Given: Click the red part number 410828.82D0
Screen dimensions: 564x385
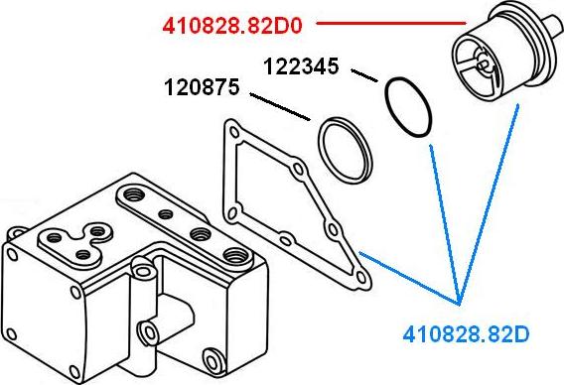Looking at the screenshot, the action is pos(232,26).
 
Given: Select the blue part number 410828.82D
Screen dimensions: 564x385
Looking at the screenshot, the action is pos(466,334).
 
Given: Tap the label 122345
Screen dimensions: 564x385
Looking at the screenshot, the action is pos(301,66).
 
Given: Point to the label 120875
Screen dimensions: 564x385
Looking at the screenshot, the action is pos(202,87).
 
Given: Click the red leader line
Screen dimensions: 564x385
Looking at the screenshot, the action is pos(391,24).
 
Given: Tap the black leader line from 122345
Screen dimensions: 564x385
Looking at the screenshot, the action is pos(364,75).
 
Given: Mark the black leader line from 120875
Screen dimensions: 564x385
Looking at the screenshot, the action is pos(280,107).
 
